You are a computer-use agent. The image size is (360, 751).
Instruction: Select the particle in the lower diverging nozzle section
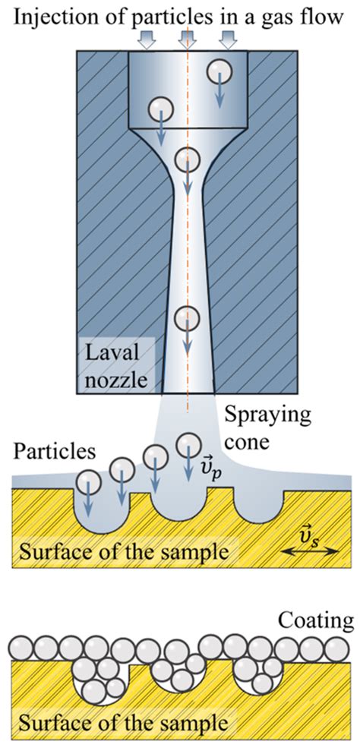pos(187,318)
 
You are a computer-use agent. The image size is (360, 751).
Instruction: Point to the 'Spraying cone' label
pos(268,428)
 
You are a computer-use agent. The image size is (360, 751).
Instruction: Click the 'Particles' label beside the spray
pos(55,451)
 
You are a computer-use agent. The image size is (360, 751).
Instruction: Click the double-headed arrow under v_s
pos(310,552)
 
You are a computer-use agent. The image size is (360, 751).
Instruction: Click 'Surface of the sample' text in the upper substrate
pos(123,552)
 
